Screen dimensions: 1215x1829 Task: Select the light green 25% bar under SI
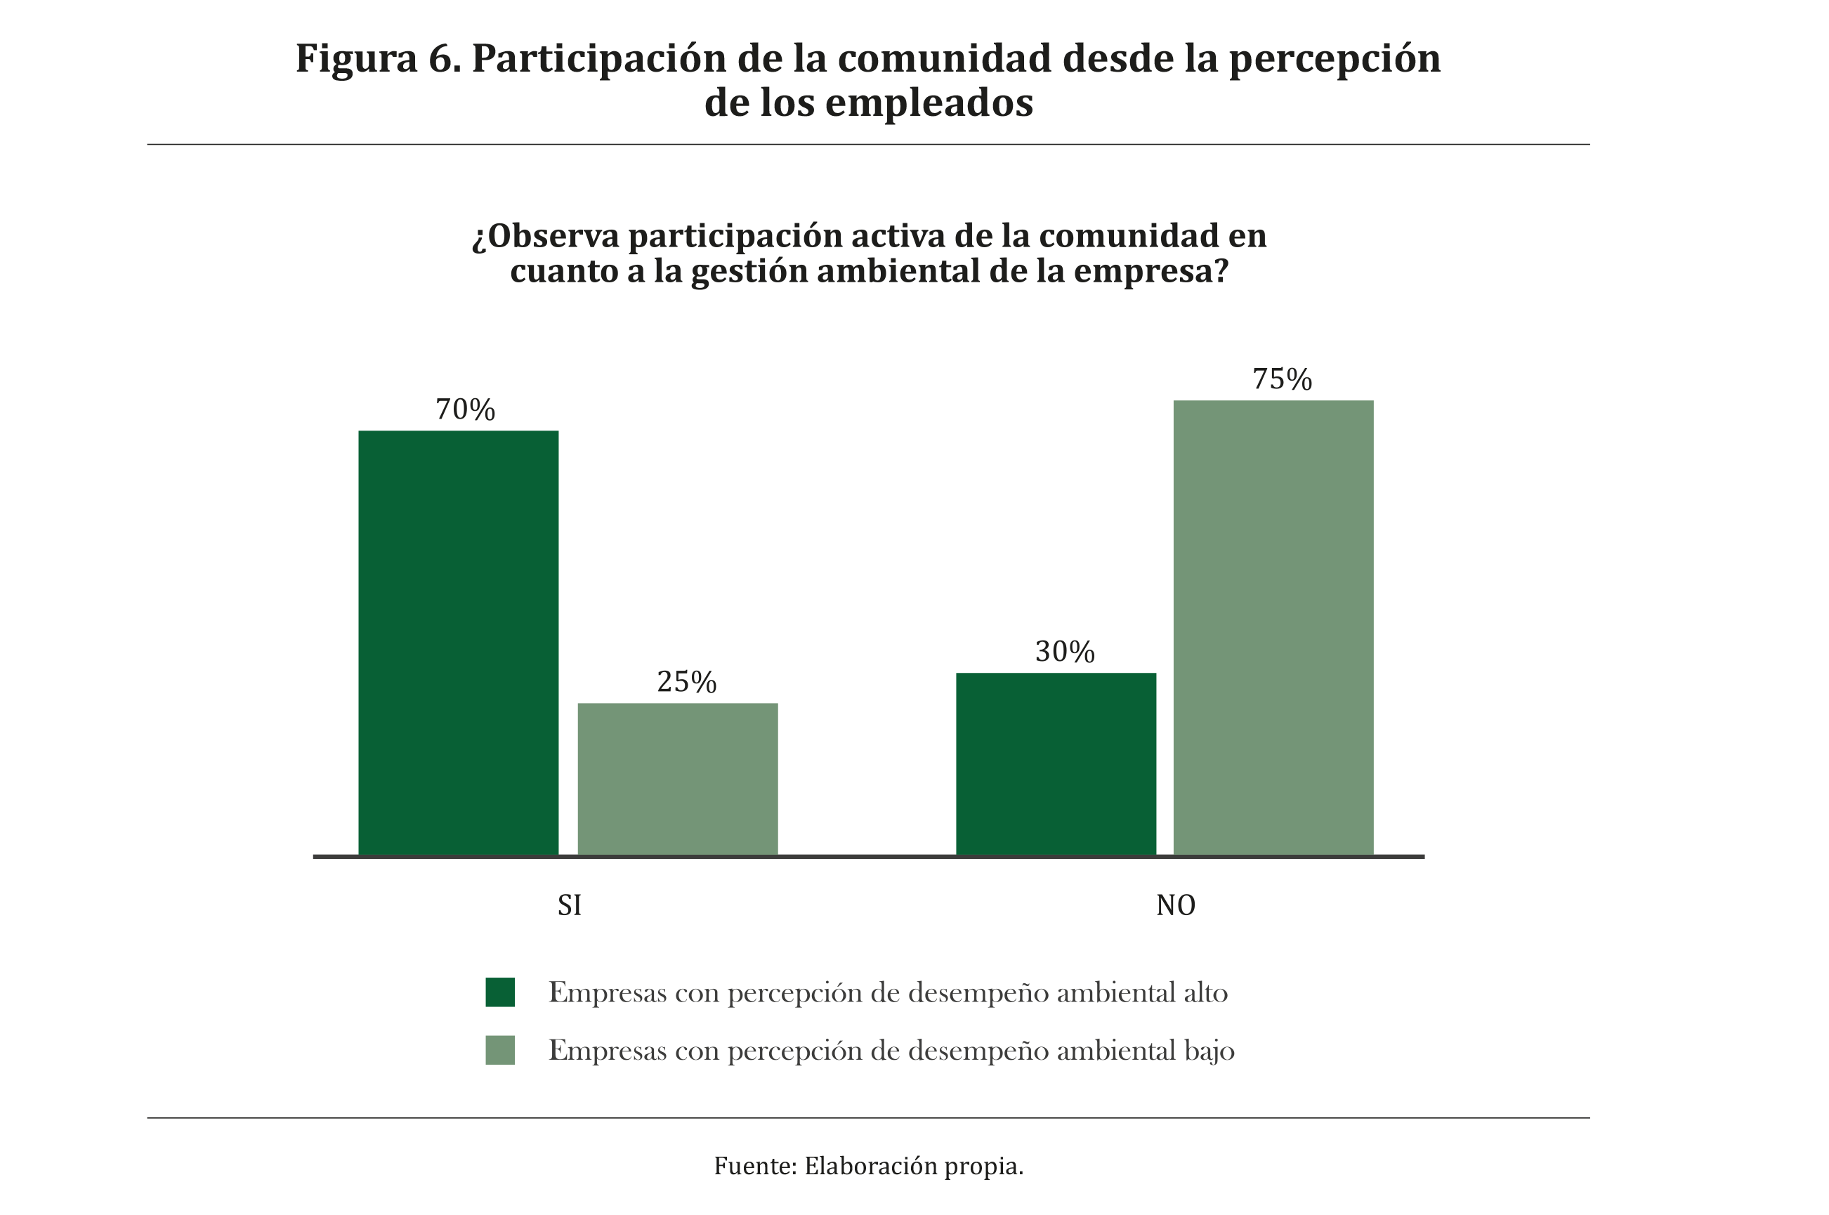click(677, 778)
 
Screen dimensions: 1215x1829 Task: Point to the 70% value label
click(465, 409)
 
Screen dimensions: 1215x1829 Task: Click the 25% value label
click(687, 682)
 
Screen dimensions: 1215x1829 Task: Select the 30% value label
click(1065, 652)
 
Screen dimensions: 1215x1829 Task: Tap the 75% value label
click(1283, 379)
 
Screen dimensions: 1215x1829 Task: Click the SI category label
click(570, 905)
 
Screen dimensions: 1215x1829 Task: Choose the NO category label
click(1176, 905)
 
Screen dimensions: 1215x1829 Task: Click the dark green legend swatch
click(500, 992)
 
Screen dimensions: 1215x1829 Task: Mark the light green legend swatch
click(500, 1051)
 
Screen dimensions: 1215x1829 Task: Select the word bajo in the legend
click(1209, 1051)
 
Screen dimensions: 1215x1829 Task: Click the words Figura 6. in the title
click(378, 58)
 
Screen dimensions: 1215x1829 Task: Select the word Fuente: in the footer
click(755, 1165)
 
